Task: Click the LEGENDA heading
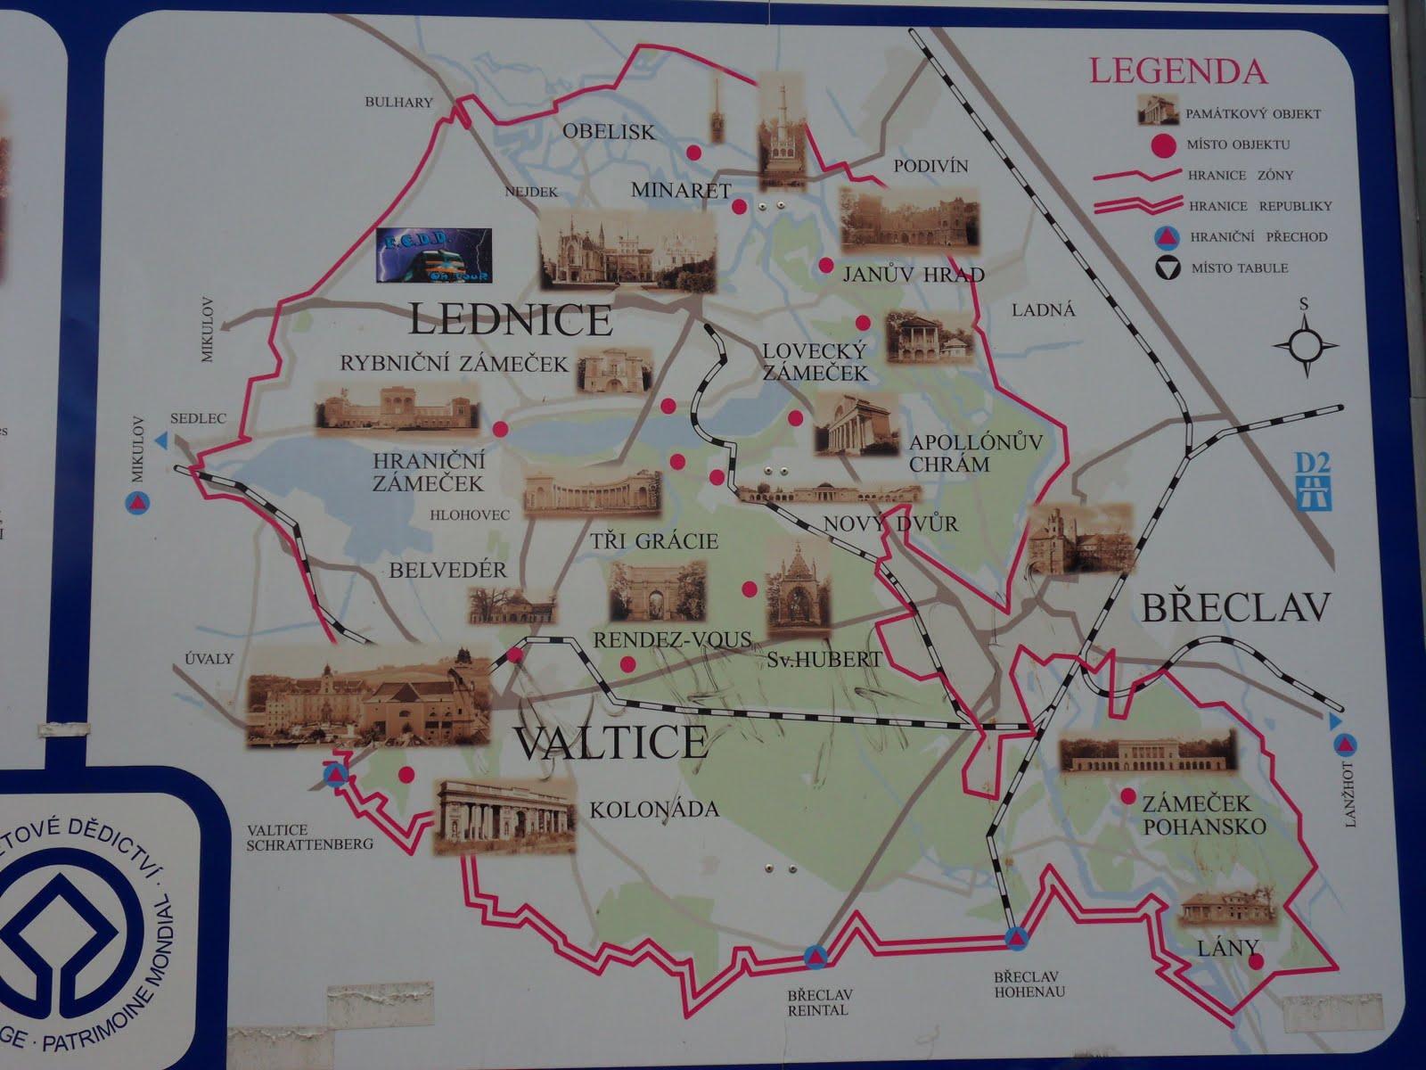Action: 1177,70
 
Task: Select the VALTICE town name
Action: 611,742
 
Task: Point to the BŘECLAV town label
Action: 1235,608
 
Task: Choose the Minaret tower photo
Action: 782,130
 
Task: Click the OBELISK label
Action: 609,132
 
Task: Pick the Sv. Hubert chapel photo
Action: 799,589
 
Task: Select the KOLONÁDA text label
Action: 654,810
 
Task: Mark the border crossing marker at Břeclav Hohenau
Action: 1015,938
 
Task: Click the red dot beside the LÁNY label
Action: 1256,962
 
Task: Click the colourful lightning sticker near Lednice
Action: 433,256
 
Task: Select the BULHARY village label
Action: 398,103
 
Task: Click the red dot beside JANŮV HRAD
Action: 826,265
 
